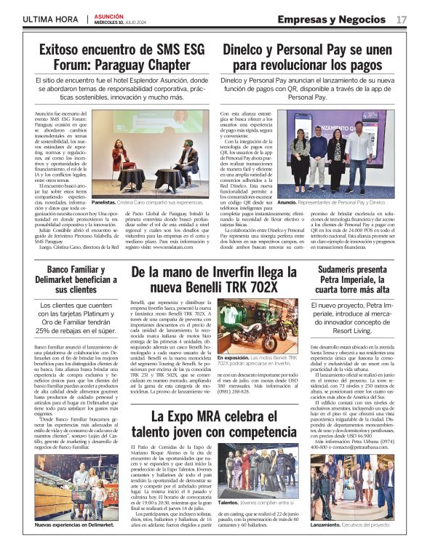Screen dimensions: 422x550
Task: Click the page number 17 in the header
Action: click(402, 19)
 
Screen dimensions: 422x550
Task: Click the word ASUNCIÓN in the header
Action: click(108, 15)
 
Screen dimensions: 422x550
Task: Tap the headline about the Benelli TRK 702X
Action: click(214, 282)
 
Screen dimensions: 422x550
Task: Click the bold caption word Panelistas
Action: click(105, 203)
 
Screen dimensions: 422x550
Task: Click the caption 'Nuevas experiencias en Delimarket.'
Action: click(75, 525)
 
